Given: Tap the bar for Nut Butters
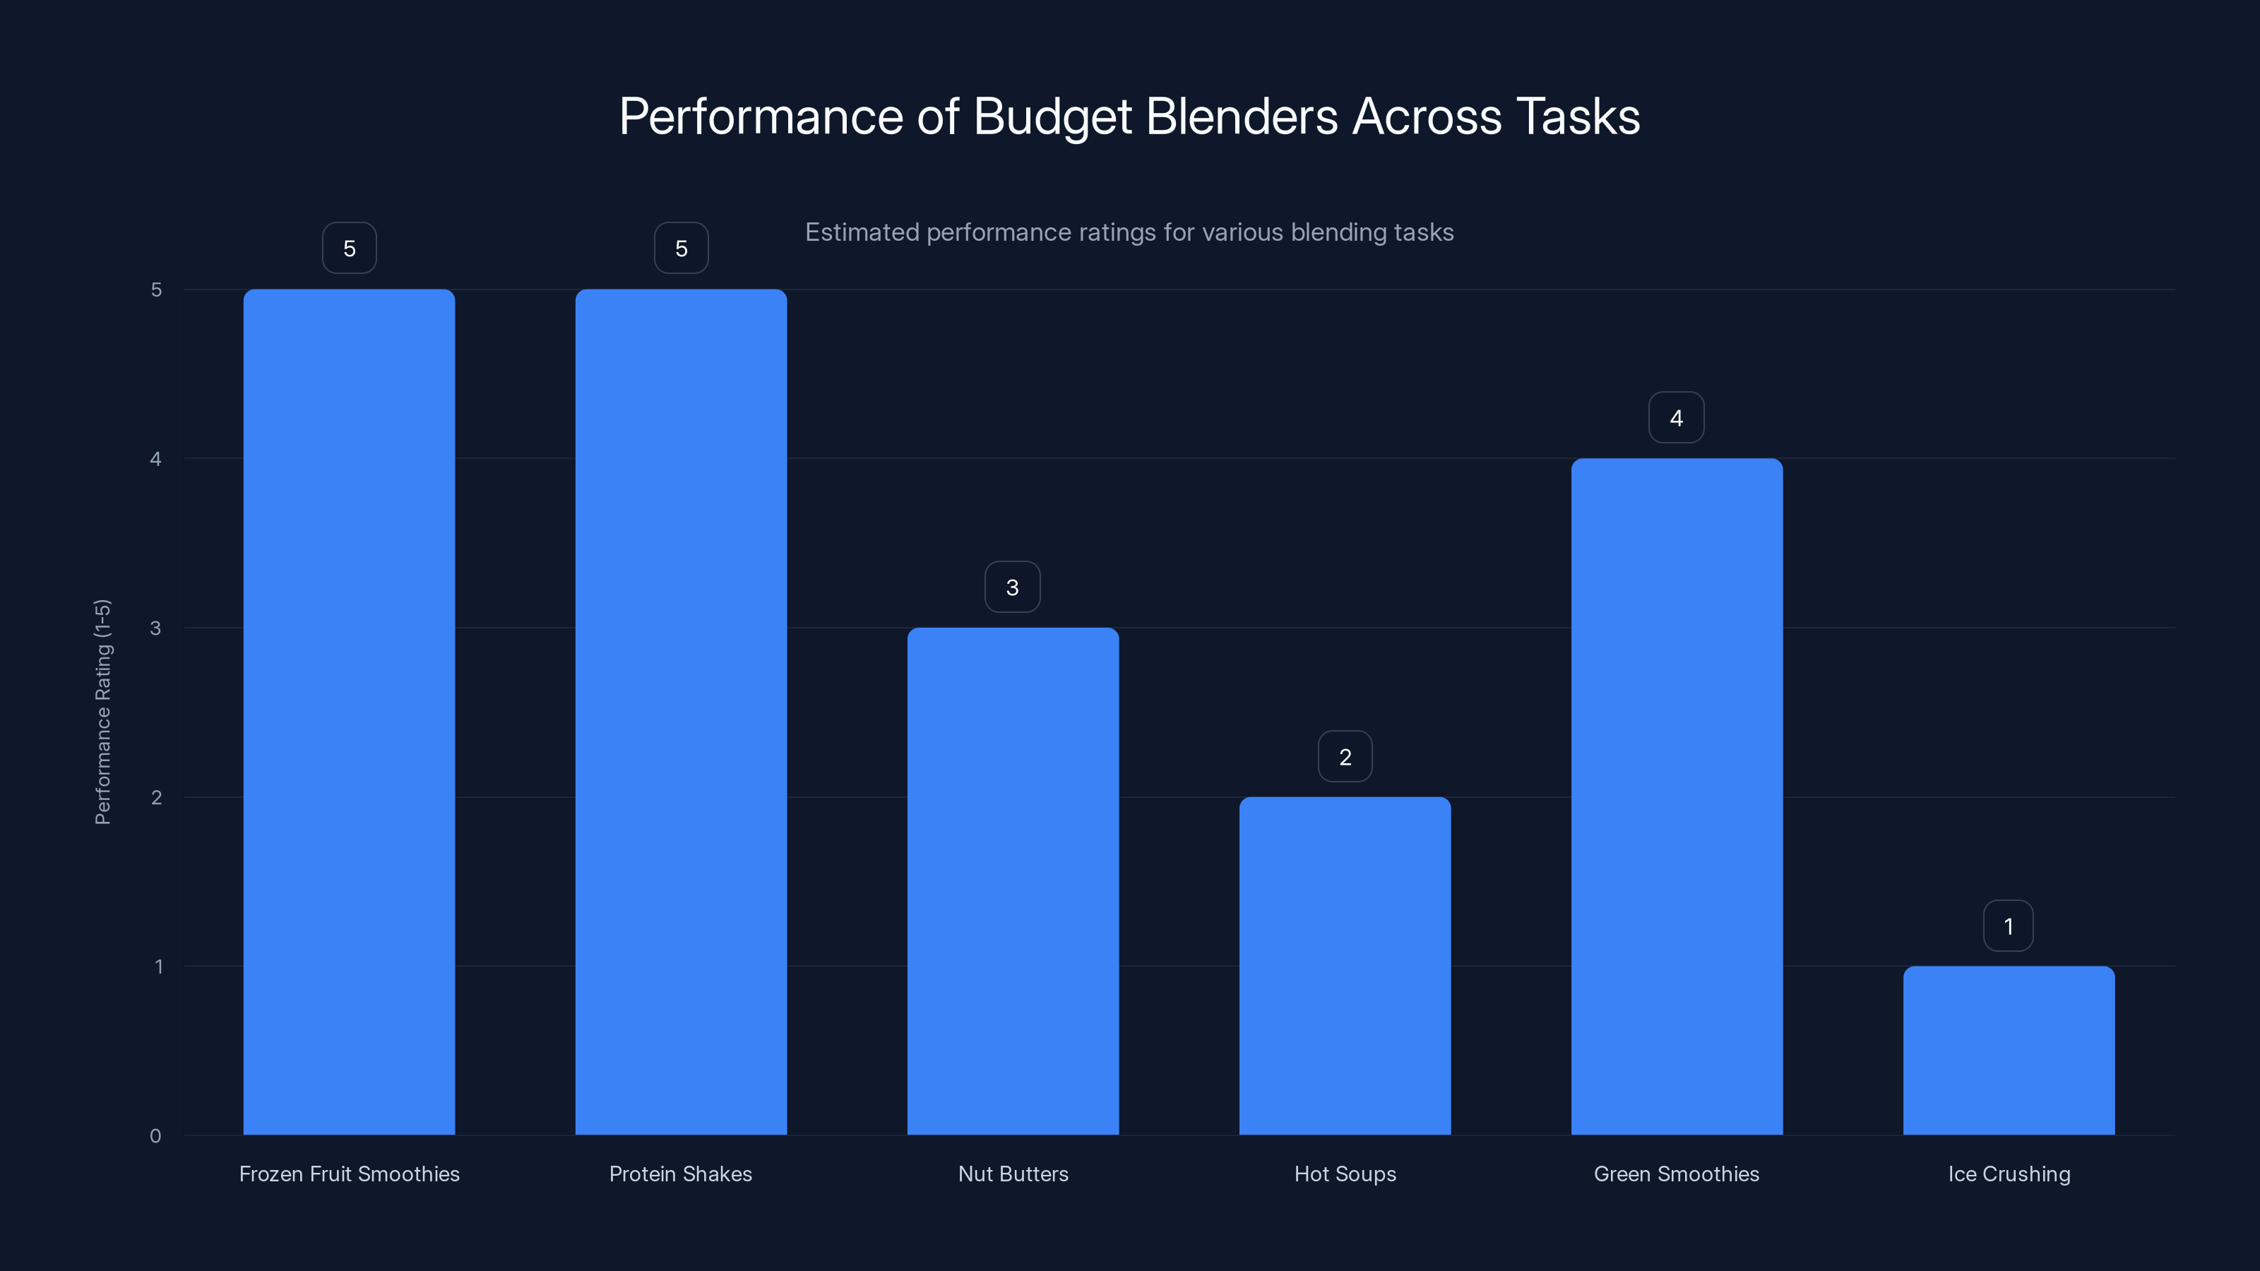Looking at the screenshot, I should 1013,881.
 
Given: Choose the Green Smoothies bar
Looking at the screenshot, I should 1677,796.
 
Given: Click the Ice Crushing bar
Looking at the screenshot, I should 2008,1050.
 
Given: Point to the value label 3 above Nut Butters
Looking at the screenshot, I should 1013,587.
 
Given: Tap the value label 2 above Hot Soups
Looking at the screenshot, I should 1345,756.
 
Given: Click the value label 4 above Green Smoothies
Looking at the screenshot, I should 1677,417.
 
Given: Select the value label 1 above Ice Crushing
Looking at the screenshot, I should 2008,926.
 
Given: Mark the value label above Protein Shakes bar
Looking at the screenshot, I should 681,249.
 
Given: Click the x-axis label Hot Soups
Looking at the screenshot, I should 1345,1174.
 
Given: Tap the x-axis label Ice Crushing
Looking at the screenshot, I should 2008,1174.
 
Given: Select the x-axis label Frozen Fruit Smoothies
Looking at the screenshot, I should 349,1174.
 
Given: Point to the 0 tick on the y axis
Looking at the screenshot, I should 155,1136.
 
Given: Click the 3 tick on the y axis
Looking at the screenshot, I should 155,628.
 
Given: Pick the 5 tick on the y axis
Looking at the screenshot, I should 156,290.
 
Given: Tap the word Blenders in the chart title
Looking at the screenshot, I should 1242,117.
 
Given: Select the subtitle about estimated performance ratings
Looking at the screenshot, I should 1129,232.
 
